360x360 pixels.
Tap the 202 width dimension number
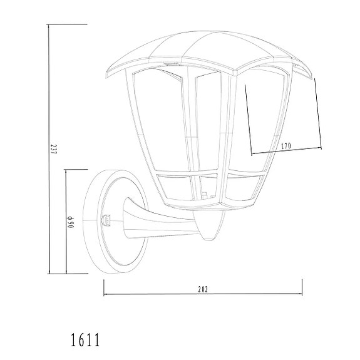tap(202, 289)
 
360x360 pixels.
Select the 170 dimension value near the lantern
tap(286, 146)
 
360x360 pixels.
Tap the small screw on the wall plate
tap(106, 220)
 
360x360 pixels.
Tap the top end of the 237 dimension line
tap(49, 24)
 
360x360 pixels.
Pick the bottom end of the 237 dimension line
tap(49, 273)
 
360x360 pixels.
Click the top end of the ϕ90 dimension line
tap(66, 170)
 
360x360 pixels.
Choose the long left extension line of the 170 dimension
tap(248, 119)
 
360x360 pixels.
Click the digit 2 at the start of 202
tap(198, 289)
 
